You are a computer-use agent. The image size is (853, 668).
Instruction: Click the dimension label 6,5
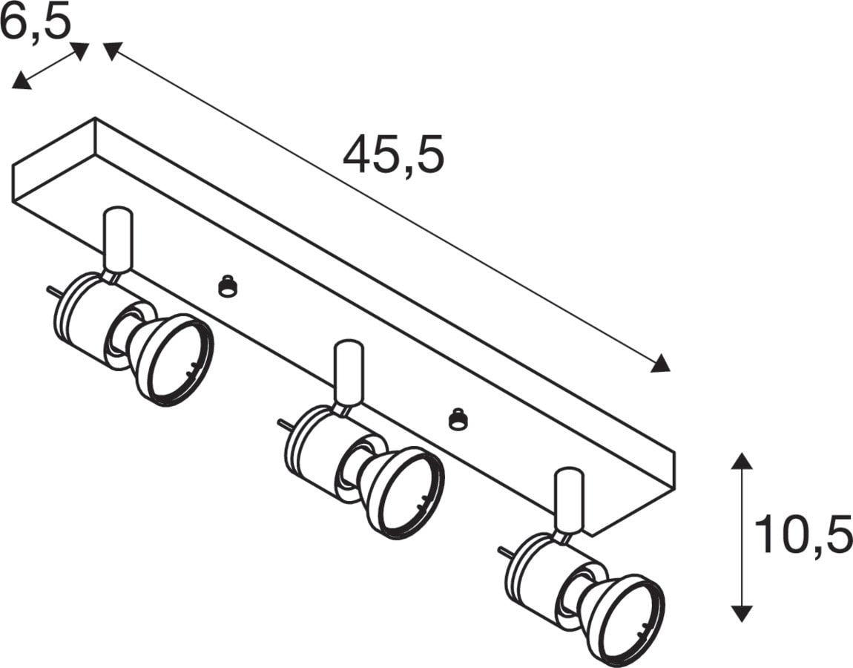(x=36, y=23)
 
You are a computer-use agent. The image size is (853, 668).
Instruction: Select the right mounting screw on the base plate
(x=457, y=417)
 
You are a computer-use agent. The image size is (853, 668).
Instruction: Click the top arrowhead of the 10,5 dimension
(x=742, y=460)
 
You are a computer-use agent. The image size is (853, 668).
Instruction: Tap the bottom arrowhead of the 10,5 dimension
(x=742, y=613)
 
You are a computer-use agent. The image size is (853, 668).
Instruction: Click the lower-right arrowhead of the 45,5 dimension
(x=661, y=364)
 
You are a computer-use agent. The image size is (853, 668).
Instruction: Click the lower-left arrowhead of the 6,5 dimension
(x=20, y=80)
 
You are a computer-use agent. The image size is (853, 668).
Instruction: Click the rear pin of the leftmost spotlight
(x=53, y=291)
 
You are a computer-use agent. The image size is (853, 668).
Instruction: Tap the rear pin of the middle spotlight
(x=283, y=425)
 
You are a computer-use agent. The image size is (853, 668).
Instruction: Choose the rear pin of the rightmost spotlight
(x=503, y=551)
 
